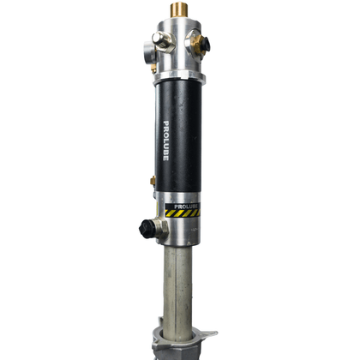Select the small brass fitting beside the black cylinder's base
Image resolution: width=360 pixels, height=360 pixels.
tap(153, 181)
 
